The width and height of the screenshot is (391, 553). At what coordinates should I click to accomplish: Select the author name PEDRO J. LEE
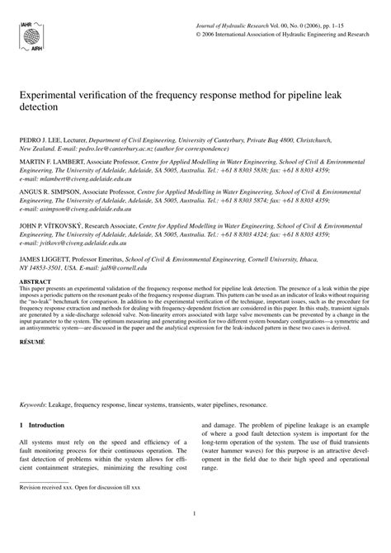tap(39, 141)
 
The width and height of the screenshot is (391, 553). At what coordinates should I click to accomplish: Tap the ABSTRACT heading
tap(34, 281)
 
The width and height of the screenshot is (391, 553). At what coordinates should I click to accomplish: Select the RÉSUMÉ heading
tap(32, 339)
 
